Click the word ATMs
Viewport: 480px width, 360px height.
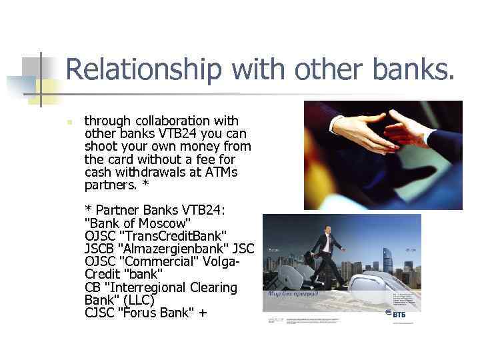pos(219,171)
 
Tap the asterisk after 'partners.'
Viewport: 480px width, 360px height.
pos(145,184)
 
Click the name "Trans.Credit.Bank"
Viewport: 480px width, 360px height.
pos(173,236)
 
